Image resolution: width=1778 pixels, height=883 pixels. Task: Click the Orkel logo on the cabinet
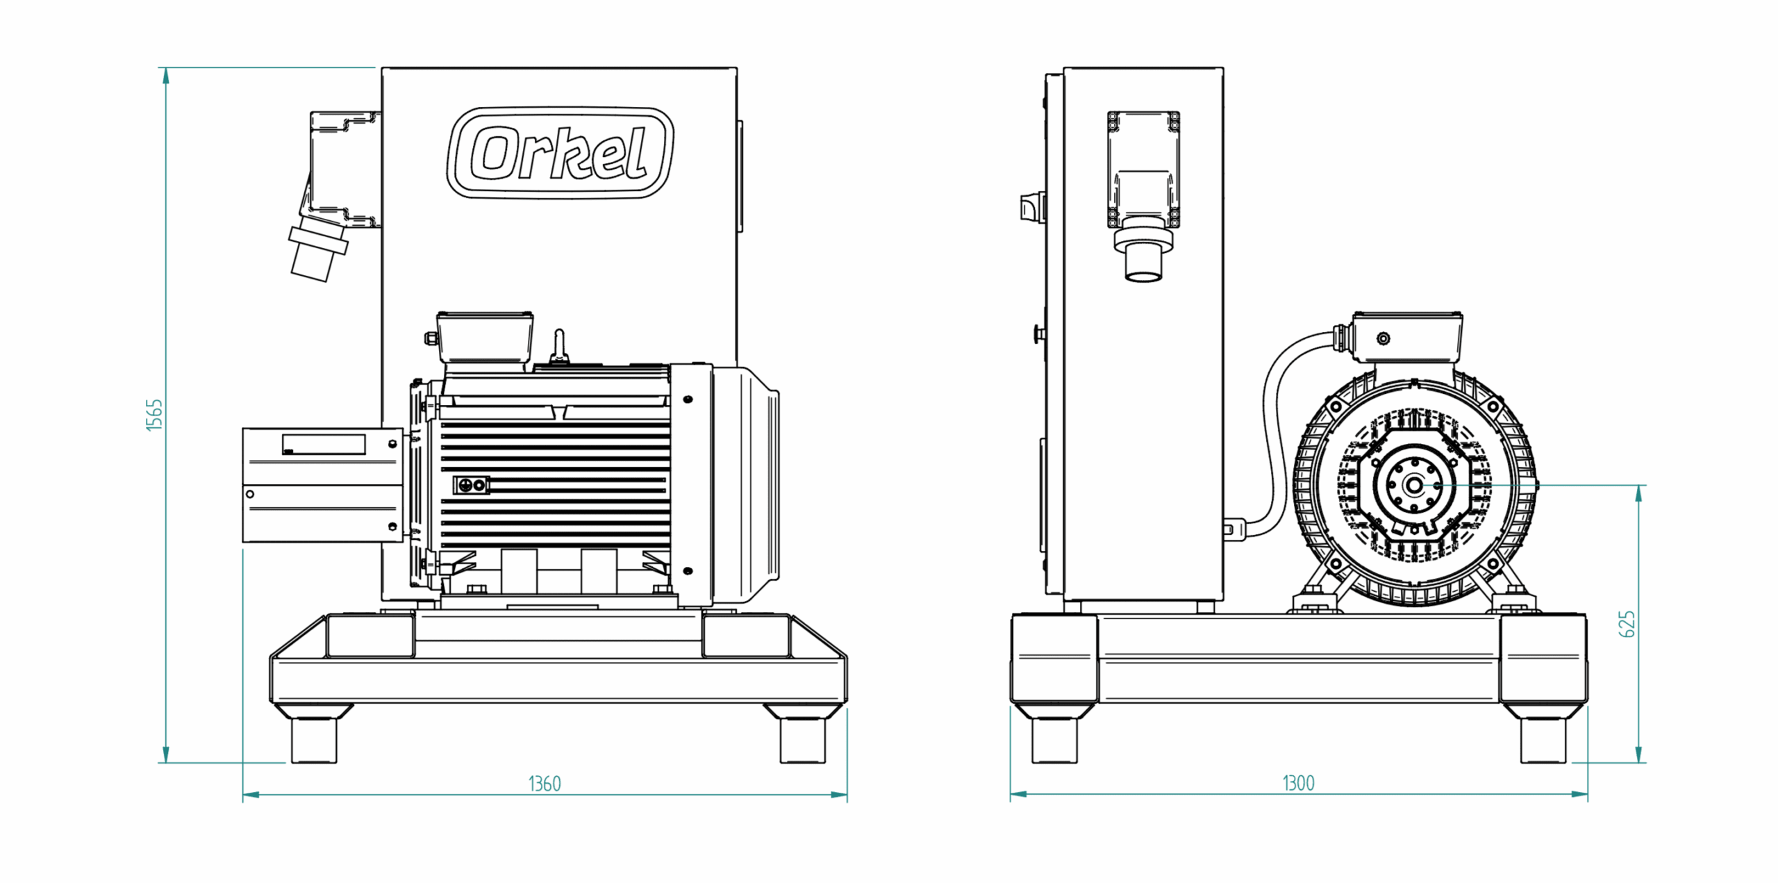tap(560, 153)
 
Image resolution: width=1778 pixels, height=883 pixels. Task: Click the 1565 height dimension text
tap(154, 415)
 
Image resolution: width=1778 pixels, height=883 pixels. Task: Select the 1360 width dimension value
tap(544, 784)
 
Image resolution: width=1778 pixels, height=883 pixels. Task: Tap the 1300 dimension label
tap(1297, 783)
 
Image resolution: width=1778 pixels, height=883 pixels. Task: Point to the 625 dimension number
tap(1627, 624)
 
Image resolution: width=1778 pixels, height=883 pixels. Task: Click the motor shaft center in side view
tap(1414, 485)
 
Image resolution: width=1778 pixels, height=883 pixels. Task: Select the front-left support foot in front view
tap(313, 739)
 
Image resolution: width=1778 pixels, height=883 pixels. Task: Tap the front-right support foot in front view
tap(802, 739)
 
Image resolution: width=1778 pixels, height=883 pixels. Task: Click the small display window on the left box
tap(324, 445)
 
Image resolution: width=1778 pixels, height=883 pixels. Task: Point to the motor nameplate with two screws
tap(472, 485)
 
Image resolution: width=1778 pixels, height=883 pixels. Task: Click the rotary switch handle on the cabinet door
tap(1031, 207)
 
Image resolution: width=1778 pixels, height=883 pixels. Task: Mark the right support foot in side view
tap(1543, 739)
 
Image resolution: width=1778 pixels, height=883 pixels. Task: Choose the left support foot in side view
tap(1054, 739)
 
